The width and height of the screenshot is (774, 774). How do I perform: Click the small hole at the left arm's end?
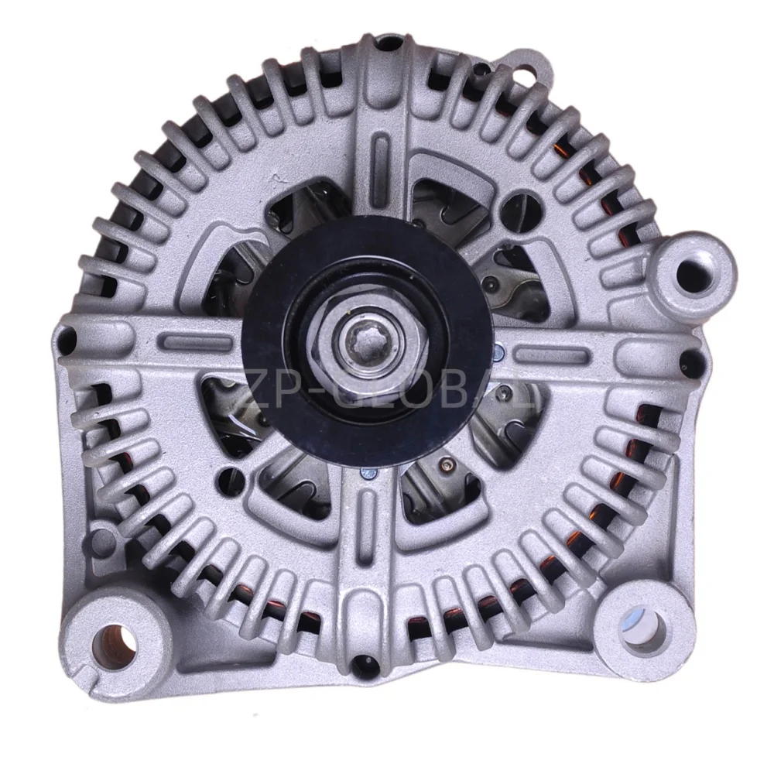point(65,335)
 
